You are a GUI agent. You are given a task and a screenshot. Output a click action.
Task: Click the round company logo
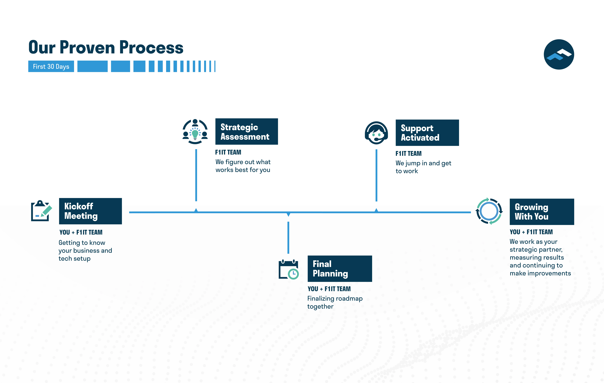pos(559,54)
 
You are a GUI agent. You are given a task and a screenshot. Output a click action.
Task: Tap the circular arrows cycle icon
pos(489,211)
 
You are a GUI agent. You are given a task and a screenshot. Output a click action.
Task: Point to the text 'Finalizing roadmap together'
pos(335,302)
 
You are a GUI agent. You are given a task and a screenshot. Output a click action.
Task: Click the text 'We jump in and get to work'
pos(423,167)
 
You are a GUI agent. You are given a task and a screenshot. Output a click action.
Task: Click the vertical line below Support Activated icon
pos(376,175)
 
